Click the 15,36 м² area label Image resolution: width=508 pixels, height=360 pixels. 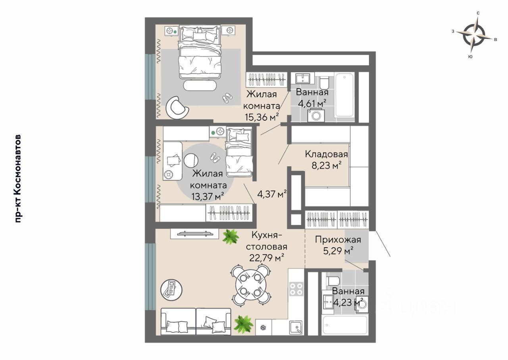click(x=262, y=117)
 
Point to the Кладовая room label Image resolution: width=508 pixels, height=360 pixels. click(x=326, y=154)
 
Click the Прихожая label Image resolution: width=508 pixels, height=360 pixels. click(x=338, y=240)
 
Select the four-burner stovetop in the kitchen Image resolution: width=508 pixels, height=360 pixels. click(x=296, y=289)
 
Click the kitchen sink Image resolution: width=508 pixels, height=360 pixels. click(x=296, y=327)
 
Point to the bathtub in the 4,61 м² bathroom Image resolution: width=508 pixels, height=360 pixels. click(x=344, y=95)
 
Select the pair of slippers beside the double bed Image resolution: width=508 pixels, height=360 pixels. click(x=227, y=98)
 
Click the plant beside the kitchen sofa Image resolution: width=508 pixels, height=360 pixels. click(x=244, y=324)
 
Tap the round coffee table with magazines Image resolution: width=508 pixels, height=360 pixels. click(x=171, y=290)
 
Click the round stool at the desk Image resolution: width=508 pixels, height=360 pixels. click(x=191, y=160)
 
